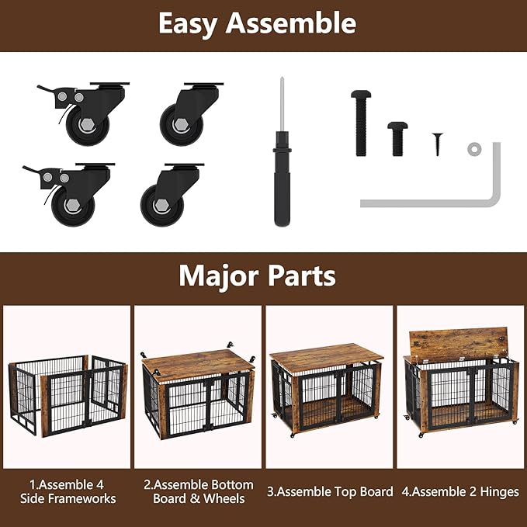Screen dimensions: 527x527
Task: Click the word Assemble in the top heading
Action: (x=291, y=23)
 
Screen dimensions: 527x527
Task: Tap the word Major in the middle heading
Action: (x=219, y=276)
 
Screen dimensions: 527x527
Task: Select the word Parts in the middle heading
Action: (x=302, y=276)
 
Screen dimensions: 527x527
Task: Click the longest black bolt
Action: (x=361, y=123)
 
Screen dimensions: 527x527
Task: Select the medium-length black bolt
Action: (x=397, y=139)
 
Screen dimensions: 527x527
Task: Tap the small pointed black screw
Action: (x=437, y=144)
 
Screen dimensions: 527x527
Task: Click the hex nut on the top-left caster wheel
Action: (x=88, y=125)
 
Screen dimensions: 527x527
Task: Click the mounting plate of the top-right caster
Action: (x=203, y=84)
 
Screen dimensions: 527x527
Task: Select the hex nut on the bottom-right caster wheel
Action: (x=162, y=205)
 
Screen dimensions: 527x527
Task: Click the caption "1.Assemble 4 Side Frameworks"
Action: (x=68, y=491)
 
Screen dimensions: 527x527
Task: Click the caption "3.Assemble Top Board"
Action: (x=330, y=492)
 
